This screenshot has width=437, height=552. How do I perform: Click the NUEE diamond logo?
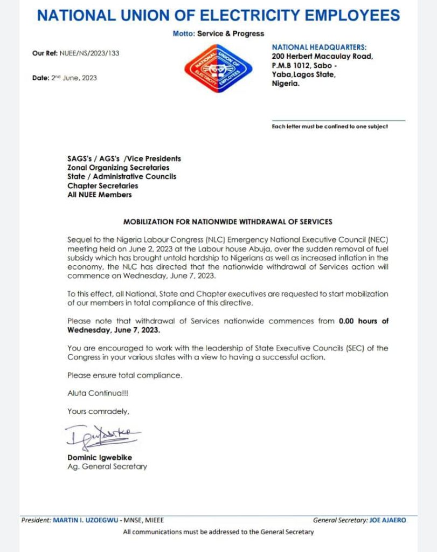(218, 68)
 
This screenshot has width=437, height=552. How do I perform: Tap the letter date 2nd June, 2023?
(74, 78)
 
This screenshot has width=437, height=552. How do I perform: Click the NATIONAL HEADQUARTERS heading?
(319, 47)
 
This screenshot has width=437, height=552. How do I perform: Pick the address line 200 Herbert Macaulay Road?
(322, 57)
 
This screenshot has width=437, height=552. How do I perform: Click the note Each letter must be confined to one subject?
(329, 127)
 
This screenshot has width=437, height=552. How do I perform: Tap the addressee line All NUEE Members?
(99, 195)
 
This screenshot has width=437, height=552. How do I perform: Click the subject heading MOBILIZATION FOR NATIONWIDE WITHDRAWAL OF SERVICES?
(228, 222)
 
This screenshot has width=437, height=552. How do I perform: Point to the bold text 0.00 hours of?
(363, 321)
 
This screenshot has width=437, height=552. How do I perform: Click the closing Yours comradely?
(98, 411)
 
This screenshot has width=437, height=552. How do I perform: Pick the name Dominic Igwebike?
(100, 457)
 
